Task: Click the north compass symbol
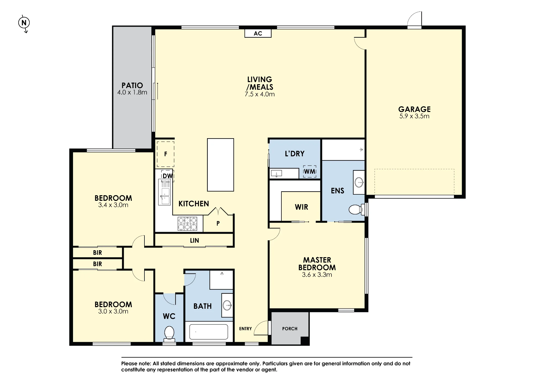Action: coord(24,23)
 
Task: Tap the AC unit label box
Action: coord(258,33)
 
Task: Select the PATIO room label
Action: coord(132,86)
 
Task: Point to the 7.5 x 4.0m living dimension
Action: coord(259,94)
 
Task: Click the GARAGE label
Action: coord(414,109)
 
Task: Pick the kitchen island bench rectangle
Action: coord(220,165)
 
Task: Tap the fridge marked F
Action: coord(166,154)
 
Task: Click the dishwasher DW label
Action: coord(167,176)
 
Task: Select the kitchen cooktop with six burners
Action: coord(187,224)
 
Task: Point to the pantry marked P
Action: coord(218,223)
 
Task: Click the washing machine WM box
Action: coord(310,171)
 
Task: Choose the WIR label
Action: coord(301,207)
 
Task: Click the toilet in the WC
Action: coord(169,334)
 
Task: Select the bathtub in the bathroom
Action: coord(209,331)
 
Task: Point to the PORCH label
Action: coord(290,329)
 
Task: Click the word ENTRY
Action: coord(245,329)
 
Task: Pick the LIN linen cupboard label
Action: coord(194,241)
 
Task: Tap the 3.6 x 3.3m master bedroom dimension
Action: coord(317,275)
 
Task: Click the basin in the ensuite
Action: coord(359,183)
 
